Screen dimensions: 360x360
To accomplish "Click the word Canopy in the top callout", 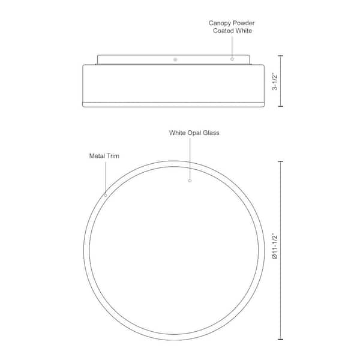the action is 220,23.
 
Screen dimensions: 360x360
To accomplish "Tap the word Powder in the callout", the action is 244,23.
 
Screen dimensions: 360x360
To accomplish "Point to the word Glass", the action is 211,133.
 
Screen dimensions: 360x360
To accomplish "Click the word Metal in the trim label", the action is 97,156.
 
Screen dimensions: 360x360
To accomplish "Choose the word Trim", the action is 113,156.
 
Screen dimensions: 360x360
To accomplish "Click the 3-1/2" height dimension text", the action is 275,82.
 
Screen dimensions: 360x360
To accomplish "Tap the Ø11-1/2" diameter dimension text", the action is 275,247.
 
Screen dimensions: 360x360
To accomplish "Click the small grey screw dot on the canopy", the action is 175,59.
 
